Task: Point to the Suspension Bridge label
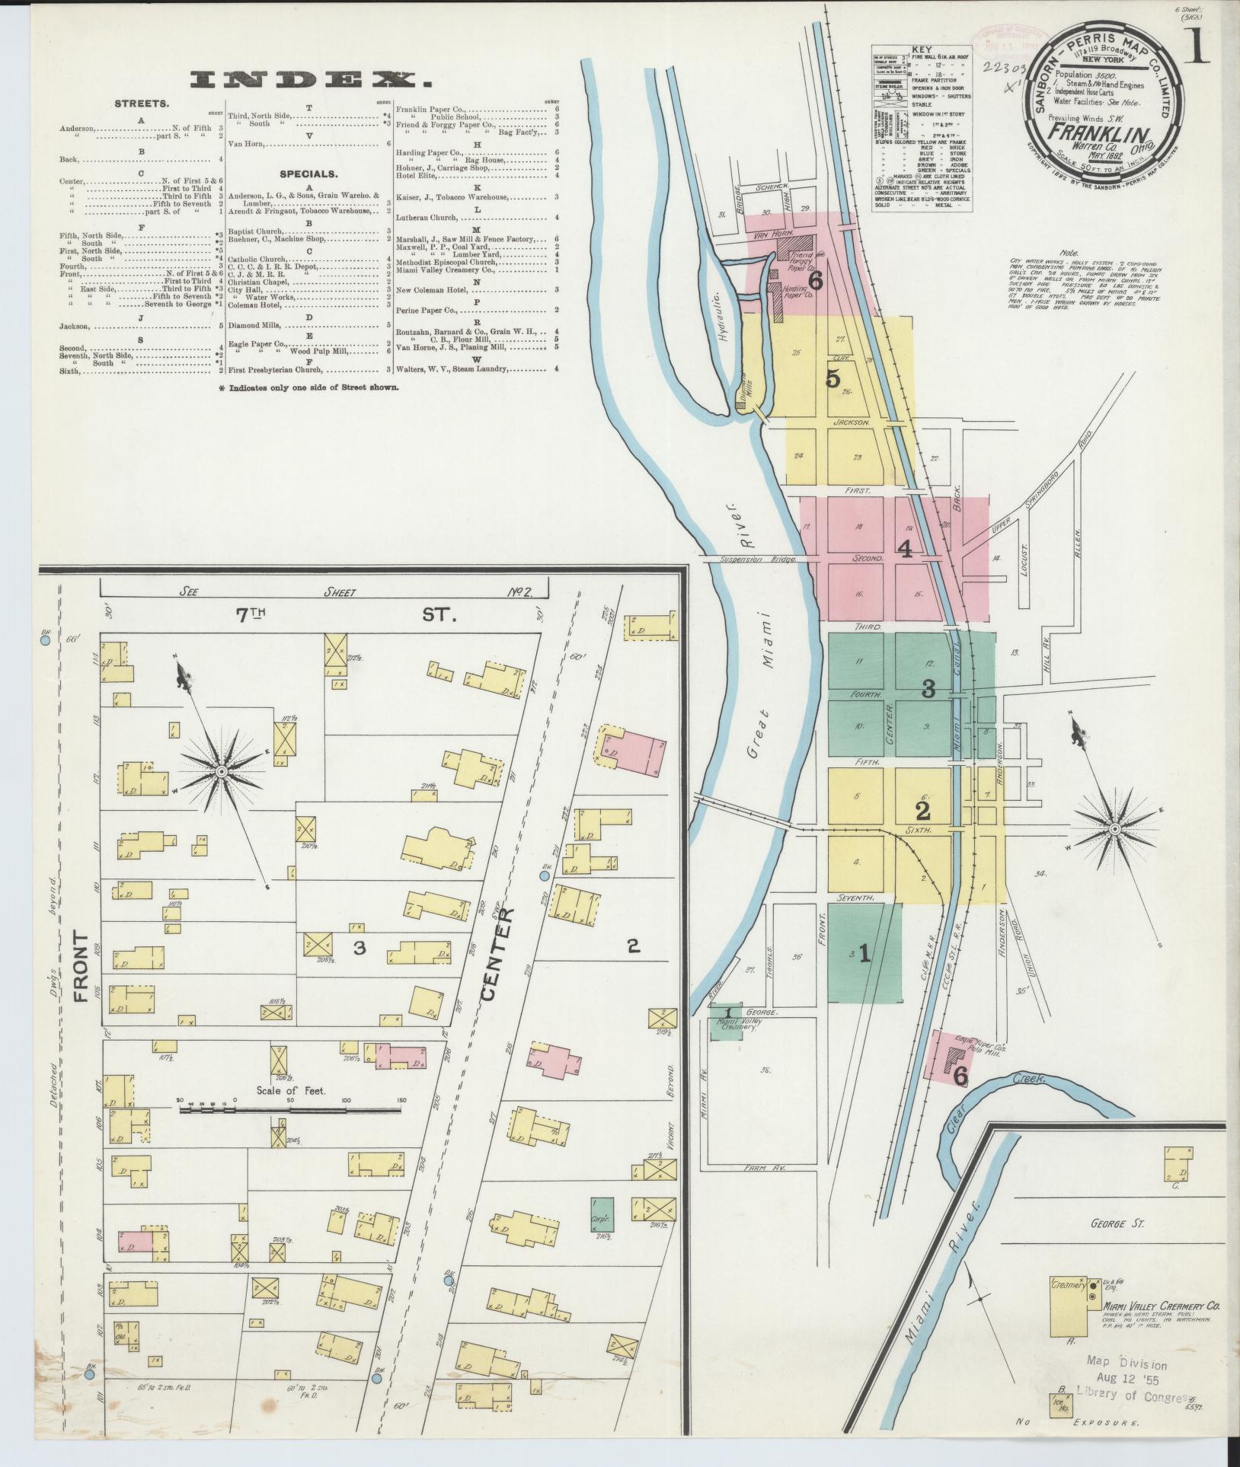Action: point(759,560)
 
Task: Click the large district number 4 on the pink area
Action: point(905,549)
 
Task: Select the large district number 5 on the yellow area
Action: point(833,378)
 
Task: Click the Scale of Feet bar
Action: point(290,1111)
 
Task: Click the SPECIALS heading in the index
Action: point(308,174)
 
